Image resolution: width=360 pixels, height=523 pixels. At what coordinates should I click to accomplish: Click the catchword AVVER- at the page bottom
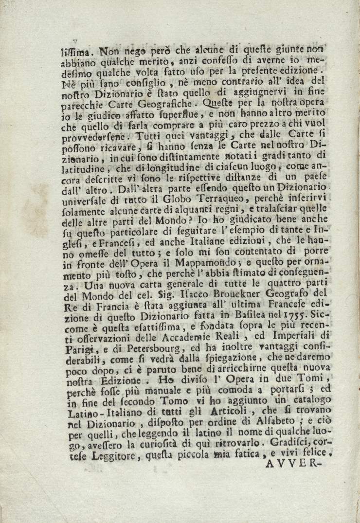[295, 463]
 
